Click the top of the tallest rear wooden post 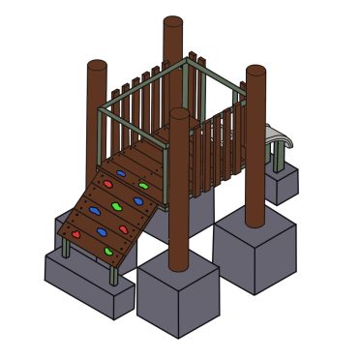tap(173, 22)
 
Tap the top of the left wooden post tap(97, 66)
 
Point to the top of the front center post tap(179, 114)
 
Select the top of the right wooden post tap(255, 72)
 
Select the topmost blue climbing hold tap(121, 174)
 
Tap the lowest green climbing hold tap(108, 252)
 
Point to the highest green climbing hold tap(143, 184)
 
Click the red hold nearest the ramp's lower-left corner tap(75, 233)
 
